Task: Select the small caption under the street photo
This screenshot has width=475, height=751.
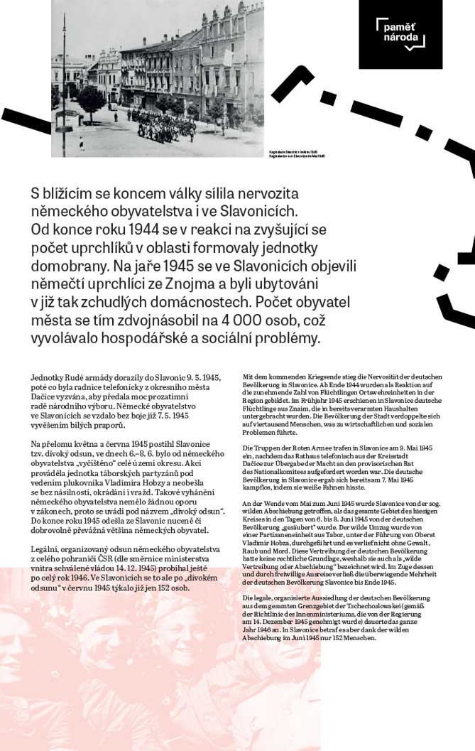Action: (297, 153)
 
